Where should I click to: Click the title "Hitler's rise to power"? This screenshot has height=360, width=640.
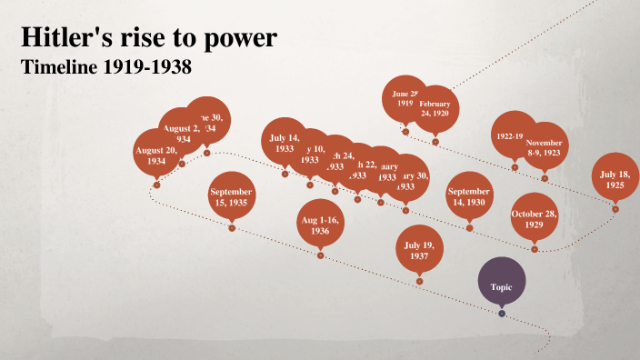149,38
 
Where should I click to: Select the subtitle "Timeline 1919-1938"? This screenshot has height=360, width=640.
107,67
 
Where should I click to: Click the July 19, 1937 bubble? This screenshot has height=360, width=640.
419,250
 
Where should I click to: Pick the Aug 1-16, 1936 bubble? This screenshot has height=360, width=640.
320,224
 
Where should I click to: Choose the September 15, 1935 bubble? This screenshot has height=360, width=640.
231,196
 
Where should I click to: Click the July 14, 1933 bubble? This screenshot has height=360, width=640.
284,142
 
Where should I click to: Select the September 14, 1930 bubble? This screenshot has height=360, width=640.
469,196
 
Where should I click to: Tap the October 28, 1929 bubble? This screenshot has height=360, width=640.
535,218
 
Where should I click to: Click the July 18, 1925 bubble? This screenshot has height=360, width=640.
615,178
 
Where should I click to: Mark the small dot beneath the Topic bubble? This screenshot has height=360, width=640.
502,314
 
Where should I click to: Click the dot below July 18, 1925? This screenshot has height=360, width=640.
615,209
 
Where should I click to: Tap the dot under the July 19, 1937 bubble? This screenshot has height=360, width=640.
419,281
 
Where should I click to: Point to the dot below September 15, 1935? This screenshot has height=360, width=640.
231,227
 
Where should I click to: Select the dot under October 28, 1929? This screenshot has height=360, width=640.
535,248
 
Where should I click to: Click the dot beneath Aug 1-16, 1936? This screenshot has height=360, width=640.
320,255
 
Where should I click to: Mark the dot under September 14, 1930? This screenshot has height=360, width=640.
469,227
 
